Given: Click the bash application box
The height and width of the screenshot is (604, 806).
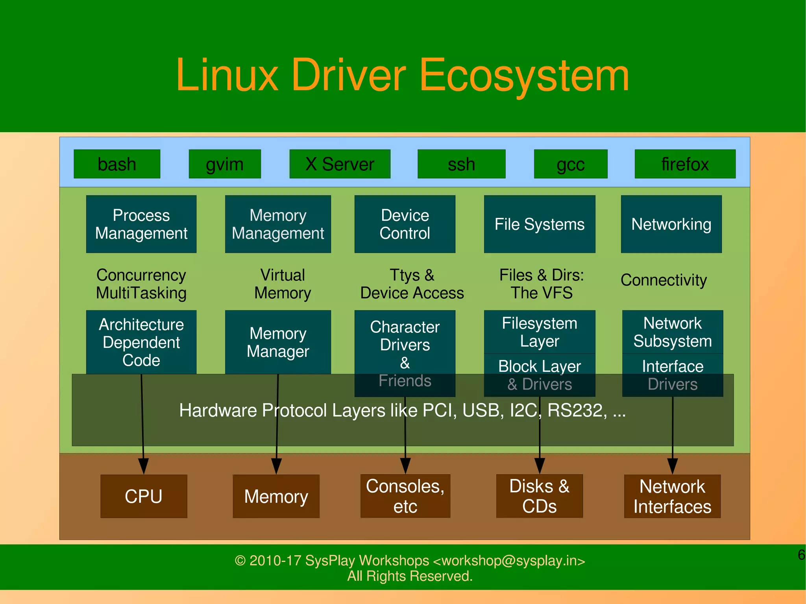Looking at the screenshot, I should point(117,164).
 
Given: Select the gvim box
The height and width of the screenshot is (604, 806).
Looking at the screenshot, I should point(225,164).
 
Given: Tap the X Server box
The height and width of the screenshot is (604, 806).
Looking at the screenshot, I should point(340,164).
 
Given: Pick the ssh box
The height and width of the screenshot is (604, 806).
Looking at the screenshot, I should point(461,164).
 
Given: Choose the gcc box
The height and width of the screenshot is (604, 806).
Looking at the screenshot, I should point(570,164).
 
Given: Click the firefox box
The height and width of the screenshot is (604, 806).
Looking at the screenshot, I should point(685,164).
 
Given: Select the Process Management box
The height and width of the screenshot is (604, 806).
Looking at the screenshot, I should point(141,224).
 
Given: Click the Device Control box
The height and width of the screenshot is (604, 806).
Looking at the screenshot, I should point(405,224).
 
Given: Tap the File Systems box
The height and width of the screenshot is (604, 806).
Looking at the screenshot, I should point(539,224).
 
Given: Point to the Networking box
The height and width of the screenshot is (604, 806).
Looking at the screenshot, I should point(671,224).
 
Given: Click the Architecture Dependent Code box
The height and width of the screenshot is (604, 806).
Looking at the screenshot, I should point(141,342).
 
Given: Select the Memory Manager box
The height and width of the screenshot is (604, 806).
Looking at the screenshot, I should point(278,342).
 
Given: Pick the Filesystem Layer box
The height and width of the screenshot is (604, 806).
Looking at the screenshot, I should point(539,332).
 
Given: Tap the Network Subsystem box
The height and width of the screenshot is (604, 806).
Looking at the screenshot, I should point(672,332).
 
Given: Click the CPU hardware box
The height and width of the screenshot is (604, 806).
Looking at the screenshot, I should point(144,496).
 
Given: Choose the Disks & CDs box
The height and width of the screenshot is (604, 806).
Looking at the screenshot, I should point(539,496).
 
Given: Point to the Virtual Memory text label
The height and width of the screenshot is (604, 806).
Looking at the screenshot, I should point(283,284).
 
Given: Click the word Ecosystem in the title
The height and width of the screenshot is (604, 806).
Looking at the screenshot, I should point(524,76).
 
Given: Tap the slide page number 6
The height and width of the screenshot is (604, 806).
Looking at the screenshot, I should point(801,555).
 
